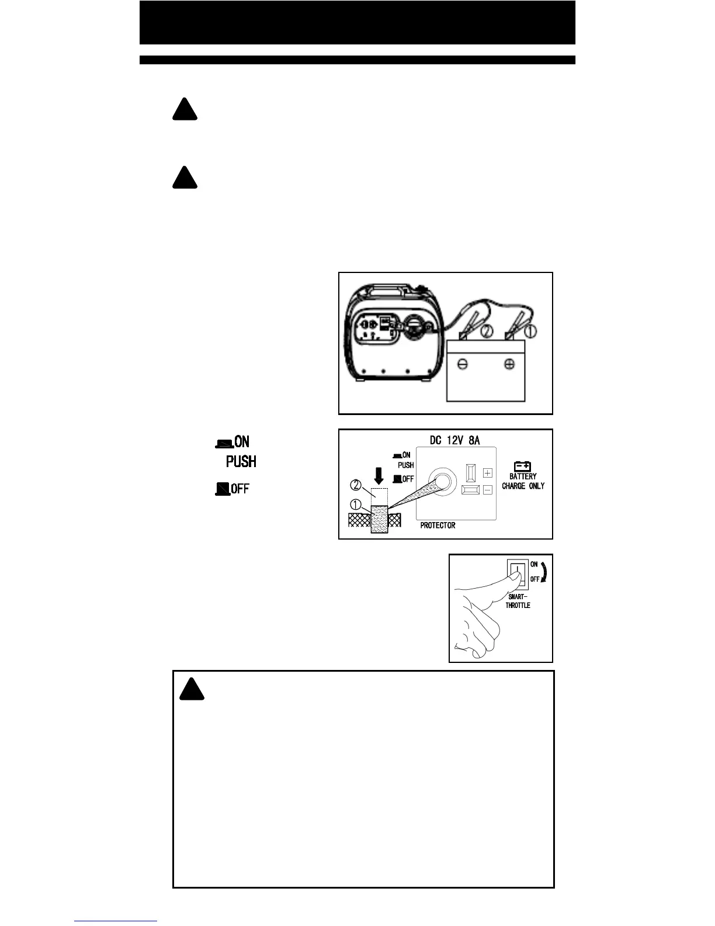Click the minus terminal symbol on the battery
tap(462, 364)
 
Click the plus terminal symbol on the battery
tap(509, 364)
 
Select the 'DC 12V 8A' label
tap(454, 440)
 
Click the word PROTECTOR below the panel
tap(438, 526)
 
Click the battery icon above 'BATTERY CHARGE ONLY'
tap(522, 466)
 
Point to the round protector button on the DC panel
tap(441, 481)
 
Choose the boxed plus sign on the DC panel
tap(488, 473)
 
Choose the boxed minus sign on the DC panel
tap(488, 490)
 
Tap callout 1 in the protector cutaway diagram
tap(356, 504)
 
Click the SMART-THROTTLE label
tap(518, 602)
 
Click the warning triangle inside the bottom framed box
tap(192, 690)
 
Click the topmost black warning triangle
tap(185, 110)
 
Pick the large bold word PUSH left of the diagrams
tap(241, 462)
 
